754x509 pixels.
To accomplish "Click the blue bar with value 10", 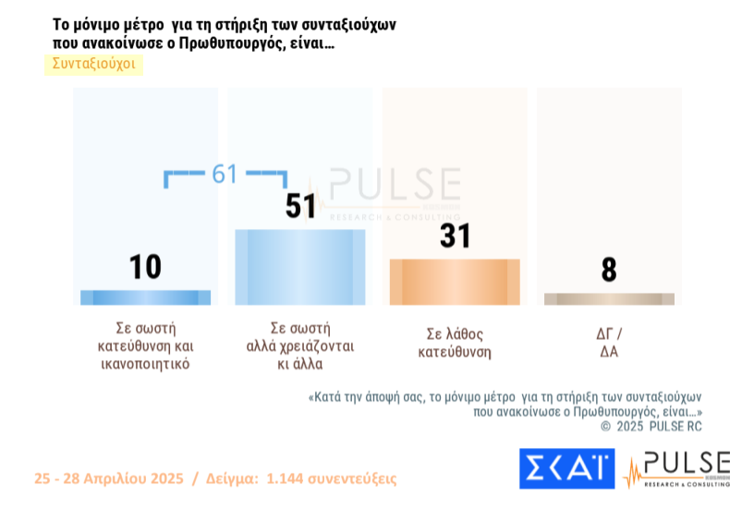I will pos(145,297).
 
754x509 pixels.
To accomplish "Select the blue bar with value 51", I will pos(300,267).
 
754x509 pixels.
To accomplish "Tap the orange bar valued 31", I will pos(455,282).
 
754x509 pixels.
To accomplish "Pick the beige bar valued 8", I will pos(609,299).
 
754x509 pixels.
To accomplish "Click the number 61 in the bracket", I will pos(225,174).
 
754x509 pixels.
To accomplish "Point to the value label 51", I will pos(300,206).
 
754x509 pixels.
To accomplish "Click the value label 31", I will pos(455,236).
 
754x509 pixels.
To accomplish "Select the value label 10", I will pos(145,267).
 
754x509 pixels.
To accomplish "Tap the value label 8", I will pos(609,270).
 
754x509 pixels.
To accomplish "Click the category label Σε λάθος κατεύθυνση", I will pos(455,343).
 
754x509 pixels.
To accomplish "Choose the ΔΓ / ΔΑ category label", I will pos(609,343).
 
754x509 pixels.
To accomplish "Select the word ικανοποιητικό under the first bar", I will pos(145,364).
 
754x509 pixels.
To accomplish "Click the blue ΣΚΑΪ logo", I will pos(565,468).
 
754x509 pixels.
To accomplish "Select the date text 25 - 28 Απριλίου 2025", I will pos(109,479).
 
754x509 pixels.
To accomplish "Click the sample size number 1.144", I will pos(286,479).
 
